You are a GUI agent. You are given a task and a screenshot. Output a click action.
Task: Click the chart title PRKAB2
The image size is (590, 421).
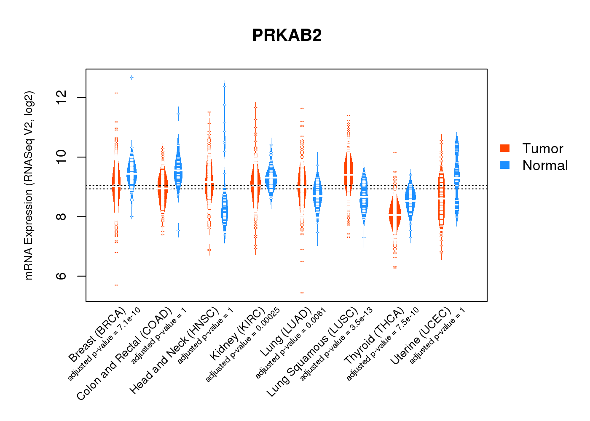287,35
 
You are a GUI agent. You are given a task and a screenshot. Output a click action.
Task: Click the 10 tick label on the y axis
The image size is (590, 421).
62,157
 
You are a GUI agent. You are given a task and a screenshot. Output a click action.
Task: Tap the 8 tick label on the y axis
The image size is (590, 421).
62,216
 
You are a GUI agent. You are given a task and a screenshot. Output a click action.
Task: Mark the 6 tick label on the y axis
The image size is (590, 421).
62,276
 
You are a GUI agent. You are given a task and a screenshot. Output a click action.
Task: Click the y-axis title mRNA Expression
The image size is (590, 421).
29,185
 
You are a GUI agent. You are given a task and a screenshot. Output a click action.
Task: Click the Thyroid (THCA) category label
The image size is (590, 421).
374,336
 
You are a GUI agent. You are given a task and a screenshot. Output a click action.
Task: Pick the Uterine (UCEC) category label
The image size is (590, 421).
421,336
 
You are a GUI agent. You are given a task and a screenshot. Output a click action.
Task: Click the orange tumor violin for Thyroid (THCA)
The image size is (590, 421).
395,215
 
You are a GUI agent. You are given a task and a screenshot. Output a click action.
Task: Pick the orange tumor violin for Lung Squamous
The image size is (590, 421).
348,173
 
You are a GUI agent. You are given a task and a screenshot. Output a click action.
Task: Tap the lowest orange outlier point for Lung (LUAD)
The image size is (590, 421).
302,293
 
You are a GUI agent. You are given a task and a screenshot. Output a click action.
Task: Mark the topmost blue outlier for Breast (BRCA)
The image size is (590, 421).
132,77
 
